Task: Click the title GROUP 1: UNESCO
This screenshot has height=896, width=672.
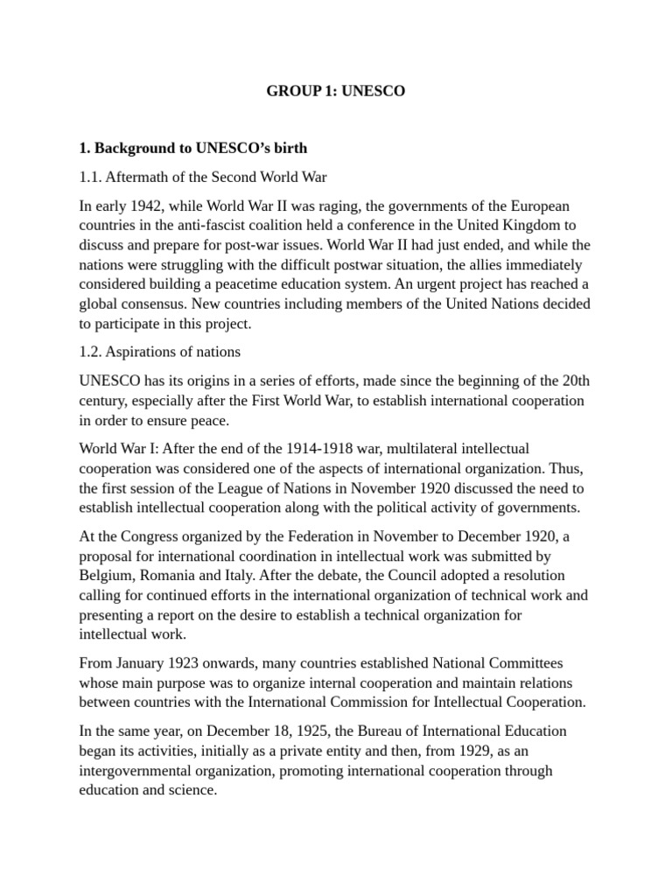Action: (x=336, y=91)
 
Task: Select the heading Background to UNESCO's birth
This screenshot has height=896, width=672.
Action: (x=193, y=148)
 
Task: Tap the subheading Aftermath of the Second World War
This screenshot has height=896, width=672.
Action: (x=203, y=177)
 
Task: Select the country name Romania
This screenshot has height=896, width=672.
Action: (x=171, y=575)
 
